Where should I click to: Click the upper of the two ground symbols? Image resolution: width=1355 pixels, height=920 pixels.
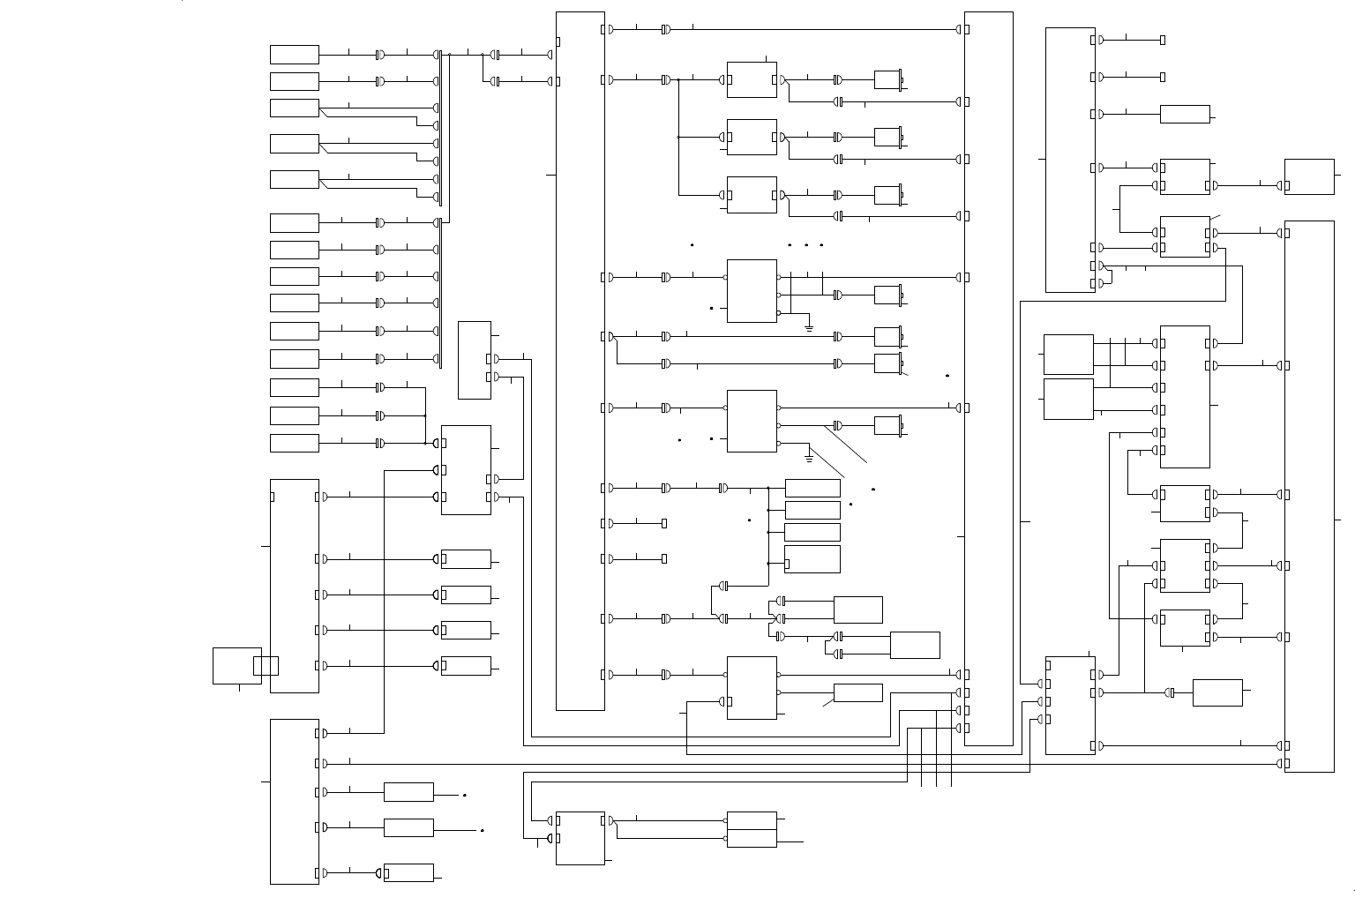pyautogui.click(x=809, y=327)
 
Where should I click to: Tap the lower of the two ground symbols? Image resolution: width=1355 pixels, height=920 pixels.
pyautogui.click(x=809, y=459)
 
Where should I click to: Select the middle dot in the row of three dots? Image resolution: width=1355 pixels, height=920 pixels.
pyautogui.click(x=806, y=244)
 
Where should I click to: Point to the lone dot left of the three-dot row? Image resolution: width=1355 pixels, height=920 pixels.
pyautogui.click(x=692, y=244)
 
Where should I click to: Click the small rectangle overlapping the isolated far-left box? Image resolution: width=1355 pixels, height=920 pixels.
pyautogui.click(x=266, y=665)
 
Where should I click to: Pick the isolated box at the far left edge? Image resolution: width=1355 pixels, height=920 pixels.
pyautogui.click(x=236, y=665)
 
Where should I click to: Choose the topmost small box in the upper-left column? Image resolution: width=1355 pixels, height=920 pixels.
pyautogui.click(x=294, y=55)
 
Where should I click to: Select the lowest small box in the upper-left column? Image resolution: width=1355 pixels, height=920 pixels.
pyautogui.click(x=294, y=443)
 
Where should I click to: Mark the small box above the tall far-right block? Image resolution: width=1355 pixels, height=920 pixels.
pyautogui.click(x=1309, y=176)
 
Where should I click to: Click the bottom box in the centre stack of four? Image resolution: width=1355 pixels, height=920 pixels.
pyautogui.click(x=812, y=559)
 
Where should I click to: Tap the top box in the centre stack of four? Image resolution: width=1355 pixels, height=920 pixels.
pyautogui.click(x=812, y=488)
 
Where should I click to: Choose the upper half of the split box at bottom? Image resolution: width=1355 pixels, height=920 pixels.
pyautogui.click(x=752, y=820)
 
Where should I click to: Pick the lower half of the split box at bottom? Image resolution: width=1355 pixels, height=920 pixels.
pyautogui.click(x=752, y=838)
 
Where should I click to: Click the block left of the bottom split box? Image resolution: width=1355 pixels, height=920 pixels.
pyautogui.click(x=580, y=838)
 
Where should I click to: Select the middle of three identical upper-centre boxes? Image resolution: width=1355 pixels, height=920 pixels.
pyautogui.click(x=752, y=137)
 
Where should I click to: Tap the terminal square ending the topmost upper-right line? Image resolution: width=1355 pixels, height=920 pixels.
pyautogui.click(x=1163, y=40)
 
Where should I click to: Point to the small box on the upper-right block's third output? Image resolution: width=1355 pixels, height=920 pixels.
pyautogui.click(x=1185, y=114)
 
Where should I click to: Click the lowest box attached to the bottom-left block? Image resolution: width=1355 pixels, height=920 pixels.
pyautogui.click(x=408, y=872)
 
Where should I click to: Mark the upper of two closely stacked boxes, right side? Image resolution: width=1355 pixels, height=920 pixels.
pyautogui.click(x=1068, y=354)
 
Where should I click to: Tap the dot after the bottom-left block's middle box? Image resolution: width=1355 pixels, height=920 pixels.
pyautogui.click(x=483, y=830)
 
